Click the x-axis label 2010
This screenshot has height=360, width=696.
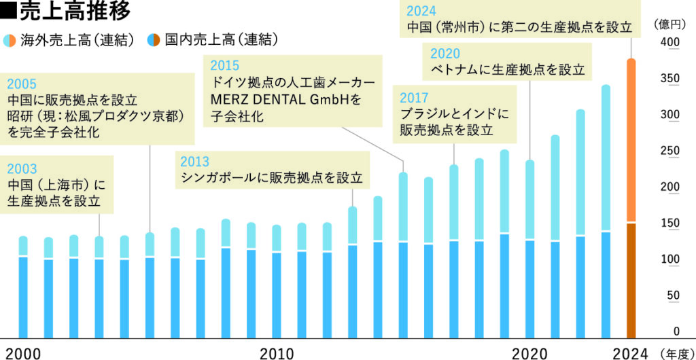[277, 353]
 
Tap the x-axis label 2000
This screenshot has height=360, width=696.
[24, 353]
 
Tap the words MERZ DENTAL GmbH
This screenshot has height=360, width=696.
[285, 101]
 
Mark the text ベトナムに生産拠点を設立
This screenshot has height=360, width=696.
[507, 70]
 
